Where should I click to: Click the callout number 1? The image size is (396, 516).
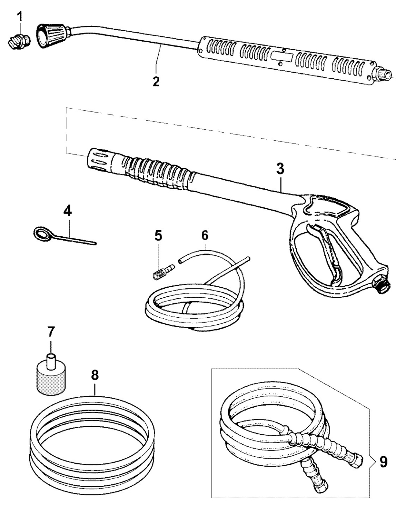point(20,17)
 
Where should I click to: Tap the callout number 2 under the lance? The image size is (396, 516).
point(156,82)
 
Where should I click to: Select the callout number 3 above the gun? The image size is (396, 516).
point(280,169)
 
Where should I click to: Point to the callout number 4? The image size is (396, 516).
point(68,211)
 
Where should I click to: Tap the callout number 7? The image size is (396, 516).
point(51,332)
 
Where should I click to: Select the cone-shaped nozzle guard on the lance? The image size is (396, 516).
point(52,35)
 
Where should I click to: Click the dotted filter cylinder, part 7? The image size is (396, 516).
point(51,375)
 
